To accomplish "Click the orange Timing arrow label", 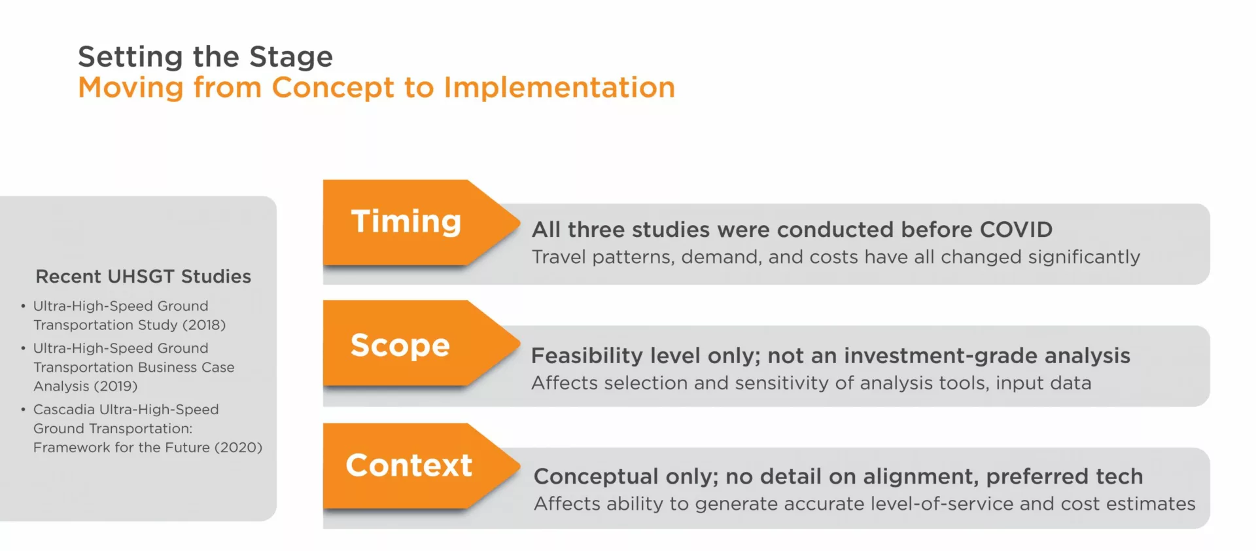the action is pos(406,221).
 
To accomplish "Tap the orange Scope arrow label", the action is pos(400,345).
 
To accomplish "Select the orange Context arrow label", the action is pos(409,465).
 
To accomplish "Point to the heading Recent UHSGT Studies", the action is pos(143,276).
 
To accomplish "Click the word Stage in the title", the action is pos(291,58).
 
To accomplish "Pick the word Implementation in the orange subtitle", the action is pos(559,88).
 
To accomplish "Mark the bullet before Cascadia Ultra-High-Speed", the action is pos(23,410).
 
